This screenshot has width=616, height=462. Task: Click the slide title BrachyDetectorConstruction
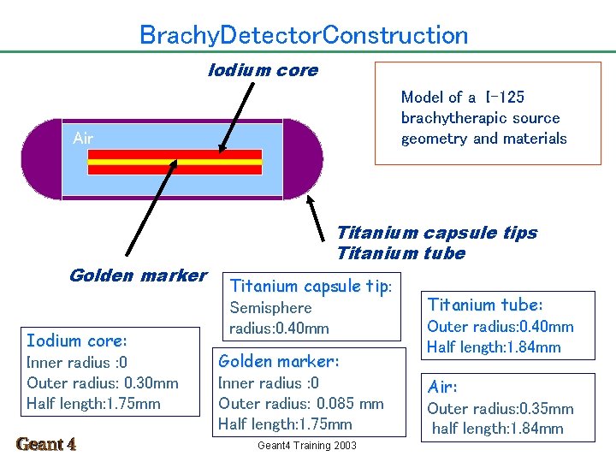(304, 35)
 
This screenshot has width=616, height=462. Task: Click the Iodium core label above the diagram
(263, 70)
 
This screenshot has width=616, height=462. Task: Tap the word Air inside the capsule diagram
(83, 138)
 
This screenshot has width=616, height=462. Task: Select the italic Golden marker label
(138, 275)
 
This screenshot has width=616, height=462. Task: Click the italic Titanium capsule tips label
(436, 233)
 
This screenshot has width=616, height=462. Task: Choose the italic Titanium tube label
(400, 253)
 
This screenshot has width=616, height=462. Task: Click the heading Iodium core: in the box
(77, 341)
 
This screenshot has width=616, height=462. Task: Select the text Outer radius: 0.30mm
(103, 382)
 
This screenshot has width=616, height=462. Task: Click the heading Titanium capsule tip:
(311, 286)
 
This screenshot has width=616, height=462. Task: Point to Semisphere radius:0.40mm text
(279, 317)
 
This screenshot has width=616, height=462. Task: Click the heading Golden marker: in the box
(279, 361)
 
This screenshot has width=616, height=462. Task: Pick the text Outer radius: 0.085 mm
(301, 403)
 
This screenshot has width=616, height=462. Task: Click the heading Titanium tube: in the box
(485, 305)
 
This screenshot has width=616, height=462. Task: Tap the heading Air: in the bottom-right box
(444, 387)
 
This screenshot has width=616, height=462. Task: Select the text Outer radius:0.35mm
(500, 408)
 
